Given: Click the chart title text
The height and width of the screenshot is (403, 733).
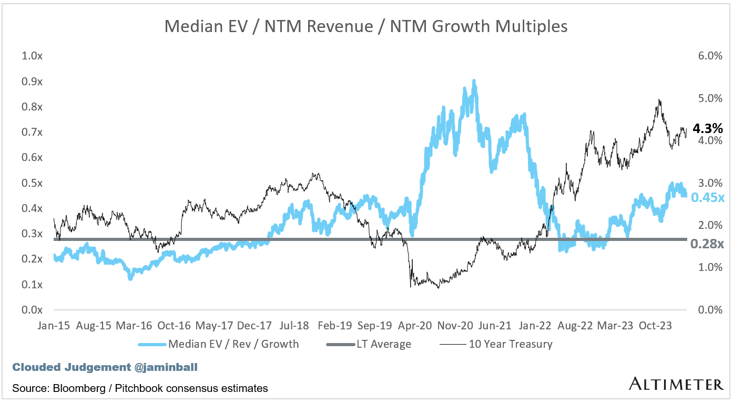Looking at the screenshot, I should point(366,26).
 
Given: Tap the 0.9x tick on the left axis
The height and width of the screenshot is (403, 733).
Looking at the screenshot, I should point(32,82).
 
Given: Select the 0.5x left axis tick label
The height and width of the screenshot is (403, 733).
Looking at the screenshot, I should point(32,183).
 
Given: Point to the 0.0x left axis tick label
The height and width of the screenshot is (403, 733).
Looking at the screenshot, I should point(32,310).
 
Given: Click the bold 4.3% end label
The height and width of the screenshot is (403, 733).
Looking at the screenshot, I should point(708,128).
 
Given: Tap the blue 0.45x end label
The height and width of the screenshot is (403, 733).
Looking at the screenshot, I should point(708,198).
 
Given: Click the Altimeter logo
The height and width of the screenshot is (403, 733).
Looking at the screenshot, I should point(676,384).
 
